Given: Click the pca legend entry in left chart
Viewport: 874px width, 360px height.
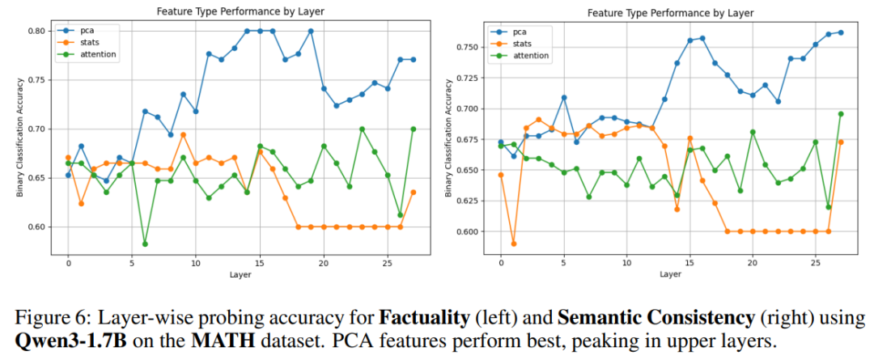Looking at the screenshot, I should pyautogui.click(x=89, y=30).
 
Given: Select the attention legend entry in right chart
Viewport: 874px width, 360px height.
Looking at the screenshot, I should pyautogui.click(x=530, y=56).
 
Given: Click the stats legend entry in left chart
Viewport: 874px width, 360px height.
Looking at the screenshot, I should pyautogui.click(x=91, y=42).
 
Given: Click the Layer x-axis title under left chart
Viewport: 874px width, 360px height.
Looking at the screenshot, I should pyautogui.click(x=240, y=274).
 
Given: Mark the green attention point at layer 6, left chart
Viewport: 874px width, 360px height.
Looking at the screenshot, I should pyautogui.click(x=145, y=244).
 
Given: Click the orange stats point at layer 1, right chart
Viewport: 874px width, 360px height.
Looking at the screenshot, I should pyautogui.click(x=513, y=244).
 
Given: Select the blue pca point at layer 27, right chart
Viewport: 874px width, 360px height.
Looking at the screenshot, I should pyautogui.click(x=840, y=32).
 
